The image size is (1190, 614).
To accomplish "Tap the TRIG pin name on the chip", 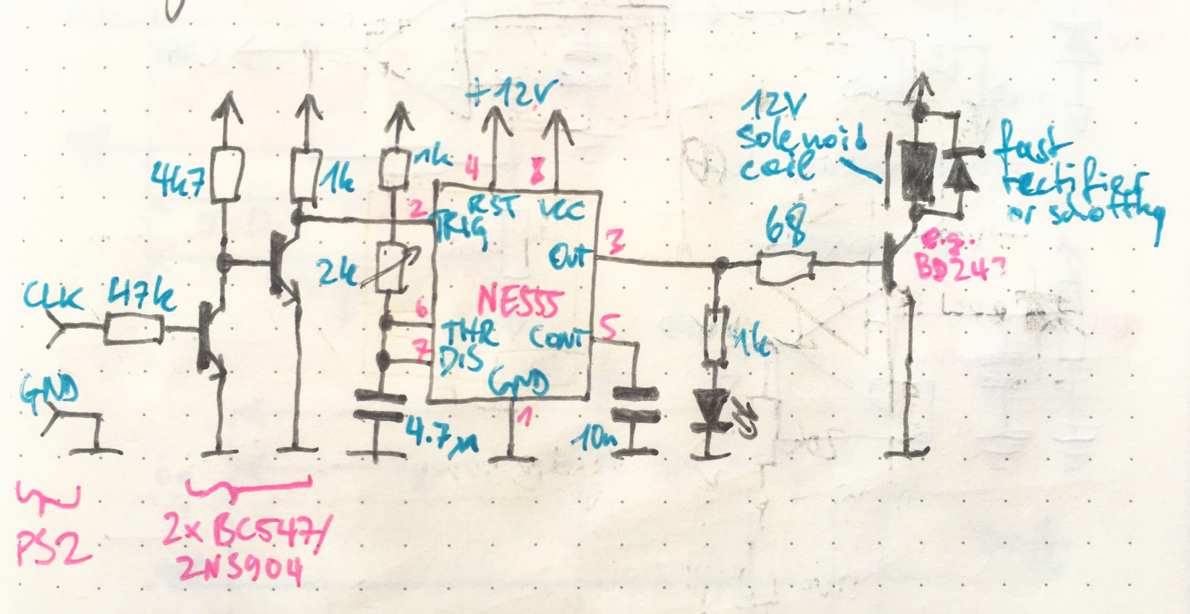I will click(x=460, y=229).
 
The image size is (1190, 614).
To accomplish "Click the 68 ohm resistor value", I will click(x=785, y=229).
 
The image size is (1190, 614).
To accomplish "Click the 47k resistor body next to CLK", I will click(x=134, y=329).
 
